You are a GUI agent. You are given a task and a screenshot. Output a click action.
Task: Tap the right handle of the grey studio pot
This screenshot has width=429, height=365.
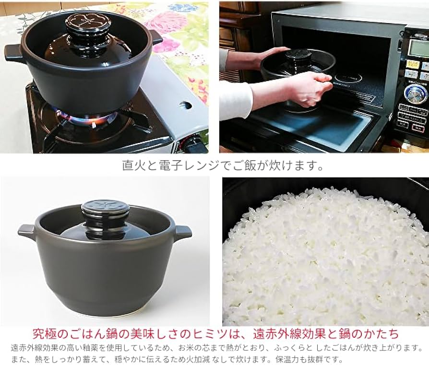click(182, 234)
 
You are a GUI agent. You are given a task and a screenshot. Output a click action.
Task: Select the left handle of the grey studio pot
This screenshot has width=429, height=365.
click(27, 232)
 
